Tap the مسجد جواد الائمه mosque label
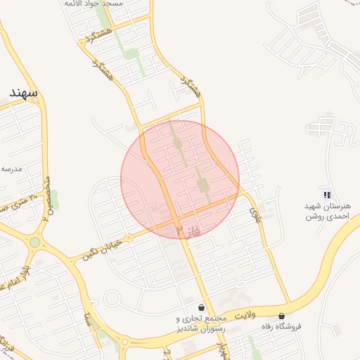93,4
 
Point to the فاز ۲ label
188,230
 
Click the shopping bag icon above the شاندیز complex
202,307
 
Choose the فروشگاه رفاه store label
279,326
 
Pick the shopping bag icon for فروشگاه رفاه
282,316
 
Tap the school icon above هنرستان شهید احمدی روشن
326,194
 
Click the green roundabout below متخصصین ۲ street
34,242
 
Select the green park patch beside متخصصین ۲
53,199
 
